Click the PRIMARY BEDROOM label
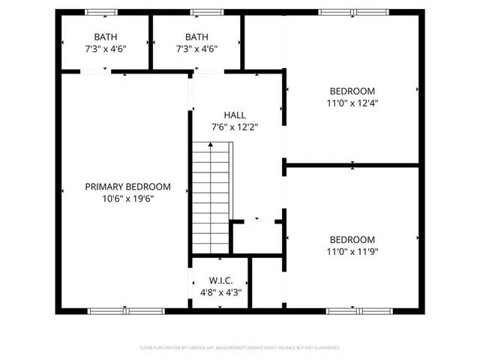point(127,187)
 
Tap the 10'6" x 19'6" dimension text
point(127,199)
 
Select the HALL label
point(235,115)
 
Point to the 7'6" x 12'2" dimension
point(235,127)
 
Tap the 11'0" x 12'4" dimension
point(351,103)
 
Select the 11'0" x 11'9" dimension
point(351,251)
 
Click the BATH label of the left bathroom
point(105,37)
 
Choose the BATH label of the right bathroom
point(196,37)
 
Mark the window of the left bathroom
point(100,12)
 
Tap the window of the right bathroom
point(202,12)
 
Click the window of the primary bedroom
point(125,310)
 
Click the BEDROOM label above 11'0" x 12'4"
point(351,91)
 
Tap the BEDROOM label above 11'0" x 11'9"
point(351,239)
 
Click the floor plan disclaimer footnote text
point(240,348)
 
